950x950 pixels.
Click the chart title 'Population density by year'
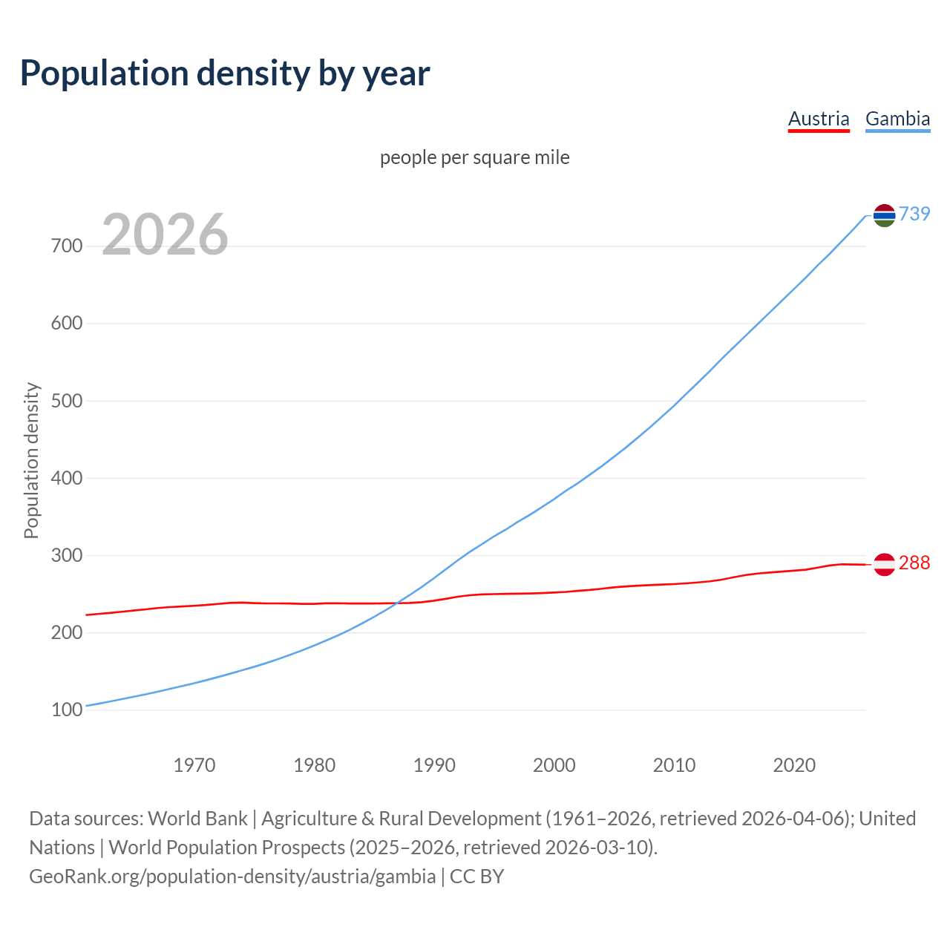pyautogui.click(x=225, y=73)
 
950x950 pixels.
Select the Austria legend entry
pyautogui.click(x=819, y=119)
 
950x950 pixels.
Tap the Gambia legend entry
pyautogui.click(x=897, y=119)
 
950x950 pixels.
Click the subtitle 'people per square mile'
pyautogui.click(x=474, y=157)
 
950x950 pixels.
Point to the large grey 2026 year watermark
pyautogui.click(x=165, y=235)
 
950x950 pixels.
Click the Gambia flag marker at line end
pyautogui.click(x=884, y=215)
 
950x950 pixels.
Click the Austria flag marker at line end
pyautogui.click(x=884, y=565)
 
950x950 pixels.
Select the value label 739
pyautogui.click(x=914, y=214)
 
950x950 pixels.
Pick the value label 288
pyautogui.click(x=914, y=563)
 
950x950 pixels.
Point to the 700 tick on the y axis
pyautogui.click(x=67, y=246)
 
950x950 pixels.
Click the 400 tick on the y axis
pyautogui.click(x=67, y=478)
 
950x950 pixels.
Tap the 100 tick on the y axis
pyautogui.click(x=67, y=710)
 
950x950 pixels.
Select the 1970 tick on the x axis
pyautogui.click(x=194, y=765)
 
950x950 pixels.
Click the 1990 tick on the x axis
pyautogui.click(x=434, y=765)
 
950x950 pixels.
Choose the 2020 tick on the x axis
pyautogui.click(x=794, y=765)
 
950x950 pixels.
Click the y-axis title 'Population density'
pyautogui.click(x=31, y=460)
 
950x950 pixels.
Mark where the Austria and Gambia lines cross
pyautogui.click(x=398, y=603)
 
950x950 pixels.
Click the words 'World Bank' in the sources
pyautogui.click(x=197, y=819)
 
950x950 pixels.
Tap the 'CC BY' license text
pyautogui.click(x=476, y=877)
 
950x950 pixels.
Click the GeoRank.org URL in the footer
pyautogui.click(x=232, y=877)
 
